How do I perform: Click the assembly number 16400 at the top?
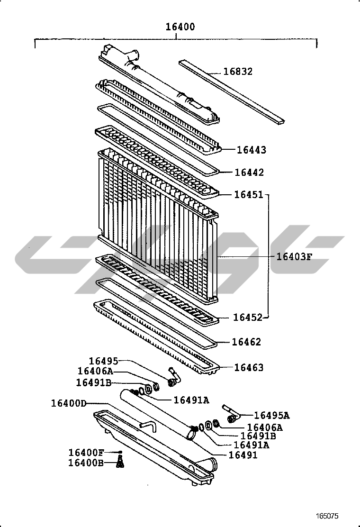[180, 27]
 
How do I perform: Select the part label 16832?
[238, 72]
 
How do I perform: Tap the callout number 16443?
[252, 150]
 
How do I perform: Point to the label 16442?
[249, 173]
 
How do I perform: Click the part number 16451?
[249, 195]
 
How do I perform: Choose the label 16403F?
[295, 257]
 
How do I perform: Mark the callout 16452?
[248, 317]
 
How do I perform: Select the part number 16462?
[246, 342]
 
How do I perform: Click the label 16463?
[249, 367]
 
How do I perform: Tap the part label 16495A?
[272, 416]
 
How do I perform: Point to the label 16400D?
[69, 403]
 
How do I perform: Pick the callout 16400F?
[86, 453]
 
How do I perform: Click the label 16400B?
[86, 463]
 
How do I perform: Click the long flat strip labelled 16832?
[232, 92]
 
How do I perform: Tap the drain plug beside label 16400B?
[120, 463]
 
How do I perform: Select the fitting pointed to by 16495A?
[231, 414]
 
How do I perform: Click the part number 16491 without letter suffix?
[243, 455]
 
